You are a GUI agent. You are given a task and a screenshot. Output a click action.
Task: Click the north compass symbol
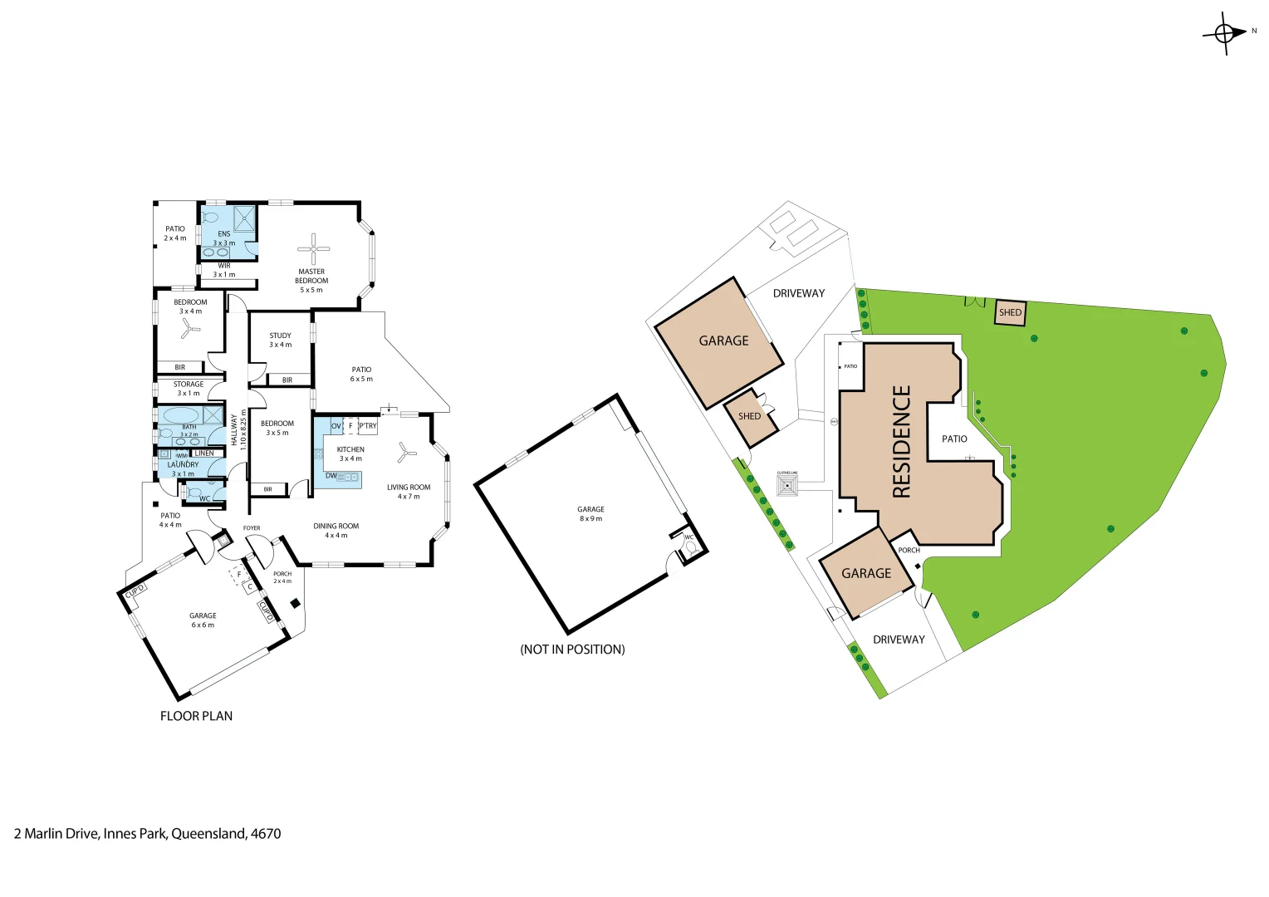1225,33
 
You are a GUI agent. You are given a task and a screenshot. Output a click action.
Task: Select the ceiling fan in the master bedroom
314,248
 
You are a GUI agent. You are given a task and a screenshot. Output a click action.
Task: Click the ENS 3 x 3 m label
224,238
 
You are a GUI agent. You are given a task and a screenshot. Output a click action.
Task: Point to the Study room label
280,340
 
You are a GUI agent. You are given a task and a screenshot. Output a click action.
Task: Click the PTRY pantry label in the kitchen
368,426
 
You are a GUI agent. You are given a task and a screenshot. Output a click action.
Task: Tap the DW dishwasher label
331,476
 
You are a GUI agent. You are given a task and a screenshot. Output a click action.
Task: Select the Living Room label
409,492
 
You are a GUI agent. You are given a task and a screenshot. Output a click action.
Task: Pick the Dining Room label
336,531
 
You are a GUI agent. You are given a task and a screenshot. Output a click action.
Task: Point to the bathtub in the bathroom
180,415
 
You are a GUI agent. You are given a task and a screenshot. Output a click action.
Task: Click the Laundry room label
183,469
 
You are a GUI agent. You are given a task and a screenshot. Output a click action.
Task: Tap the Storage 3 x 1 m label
189,389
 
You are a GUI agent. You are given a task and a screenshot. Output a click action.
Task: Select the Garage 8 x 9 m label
590,513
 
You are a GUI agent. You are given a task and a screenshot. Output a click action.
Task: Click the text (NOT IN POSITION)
572,649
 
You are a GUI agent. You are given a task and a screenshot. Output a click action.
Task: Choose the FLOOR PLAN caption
196,716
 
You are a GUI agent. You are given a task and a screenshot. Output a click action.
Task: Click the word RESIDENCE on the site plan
901,441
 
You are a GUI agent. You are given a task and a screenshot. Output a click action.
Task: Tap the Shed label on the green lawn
1010,312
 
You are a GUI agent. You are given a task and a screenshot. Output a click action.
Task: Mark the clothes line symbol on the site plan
786,485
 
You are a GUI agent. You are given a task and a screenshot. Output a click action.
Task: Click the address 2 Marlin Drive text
147,833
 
